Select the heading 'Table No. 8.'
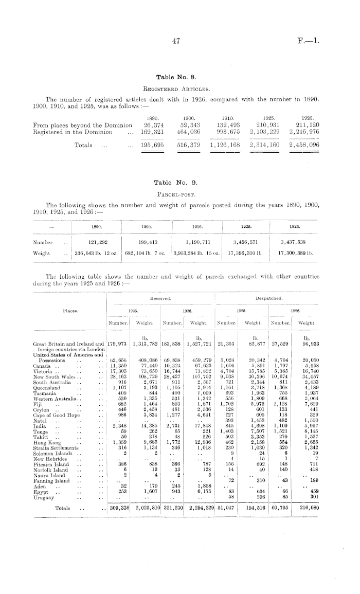pyautogui.click(x=176, y=77)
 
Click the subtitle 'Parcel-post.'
pyautogui.click(x=176, y=194)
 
